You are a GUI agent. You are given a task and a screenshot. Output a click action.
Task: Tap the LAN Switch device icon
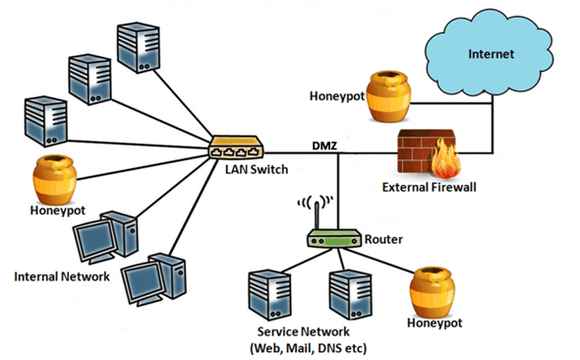(x=236, y=148)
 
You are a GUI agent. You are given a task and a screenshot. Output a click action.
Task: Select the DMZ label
(x=324, y=146)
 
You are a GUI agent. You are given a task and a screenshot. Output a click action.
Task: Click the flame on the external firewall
(x=445, y=158)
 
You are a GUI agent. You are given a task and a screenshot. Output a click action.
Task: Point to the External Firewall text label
(x=429, y=187)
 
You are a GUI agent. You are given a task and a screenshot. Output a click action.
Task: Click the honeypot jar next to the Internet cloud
(x=388, y=97)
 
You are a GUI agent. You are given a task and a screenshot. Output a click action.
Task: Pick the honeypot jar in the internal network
(x=55, y=180)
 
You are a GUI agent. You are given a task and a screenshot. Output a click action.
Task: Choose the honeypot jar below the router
(x=432, y=293)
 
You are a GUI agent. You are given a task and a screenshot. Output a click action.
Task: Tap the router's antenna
(x=317, y=216)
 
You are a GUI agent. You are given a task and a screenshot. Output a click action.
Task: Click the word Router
(x=383, y=239)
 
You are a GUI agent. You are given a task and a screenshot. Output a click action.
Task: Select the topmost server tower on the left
(x=139, y=47)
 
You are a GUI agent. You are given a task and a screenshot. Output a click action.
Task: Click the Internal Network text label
(x=62, y=276)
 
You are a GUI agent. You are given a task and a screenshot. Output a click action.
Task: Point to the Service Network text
(x=304, y=331)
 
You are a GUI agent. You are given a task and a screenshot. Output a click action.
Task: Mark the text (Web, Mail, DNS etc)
(x=309, y=348)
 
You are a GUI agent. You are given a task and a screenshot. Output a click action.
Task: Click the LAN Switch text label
(x=257, y=169)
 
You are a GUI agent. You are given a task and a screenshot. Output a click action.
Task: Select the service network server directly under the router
(x=350, y=294)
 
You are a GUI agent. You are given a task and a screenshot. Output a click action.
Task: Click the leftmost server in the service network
(x=269, y=295)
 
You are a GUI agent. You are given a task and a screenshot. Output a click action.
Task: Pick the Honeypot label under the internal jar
(x=58, y=210)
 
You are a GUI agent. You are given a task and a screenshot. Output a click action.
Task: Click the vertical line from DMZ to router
(x=338, y=192)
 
